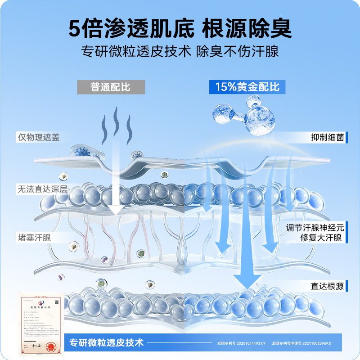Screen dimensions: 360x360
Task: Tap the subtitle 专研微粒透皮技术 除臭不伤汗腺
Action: (180, 50)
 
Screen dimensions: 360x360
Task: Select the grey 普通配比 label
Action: (111, 86)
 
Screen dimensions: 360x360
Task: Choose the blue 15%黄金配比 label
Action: (247, 86)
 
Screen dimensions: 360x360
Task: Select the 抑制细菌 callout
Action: (328, 137)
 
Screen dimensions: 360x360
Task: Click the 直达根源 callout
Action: (328, 286)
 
